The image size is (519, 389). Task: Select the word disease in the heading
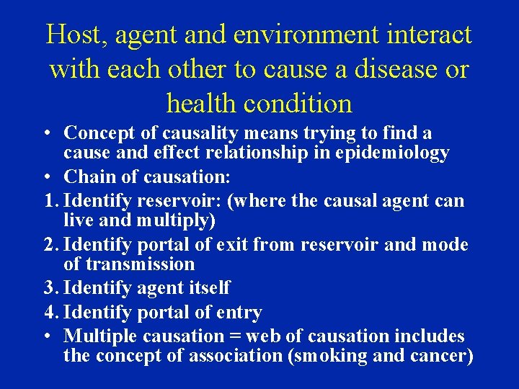coord(386,69)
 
